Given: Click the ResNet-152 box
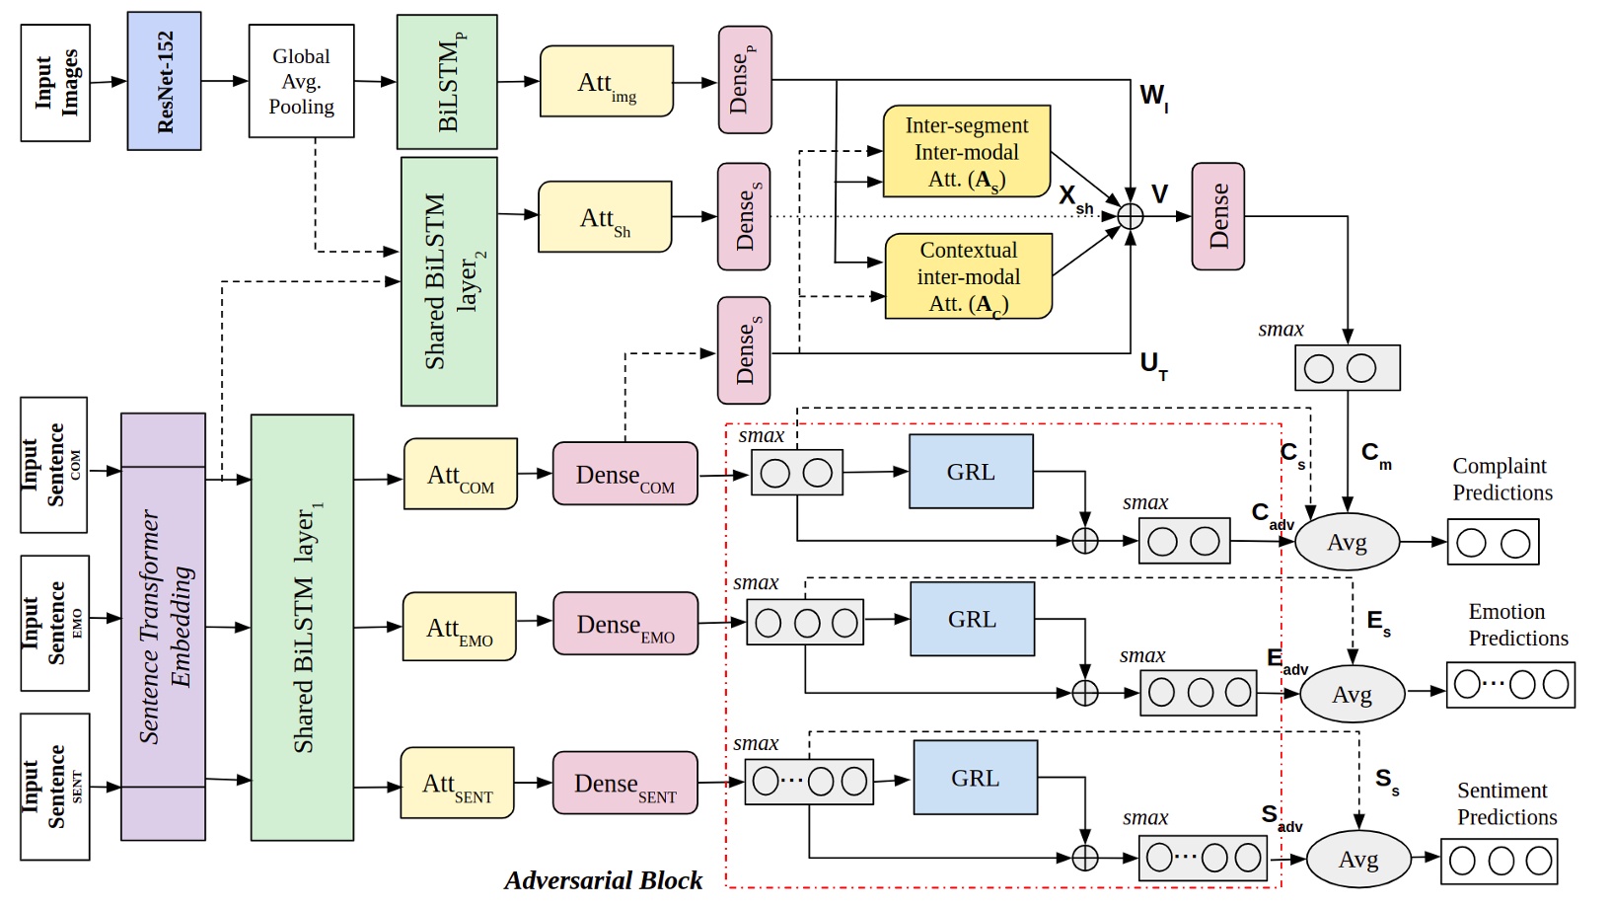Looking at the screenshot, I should point(164,81).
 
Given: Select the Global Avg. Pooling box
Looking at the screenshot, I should point(301,81).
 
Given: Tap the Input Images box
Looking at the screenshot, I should point(55,83).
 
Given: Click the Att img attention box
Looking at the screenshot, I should point(607,81).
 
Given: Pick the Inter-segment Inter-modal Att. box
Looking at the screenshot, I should point(966,152).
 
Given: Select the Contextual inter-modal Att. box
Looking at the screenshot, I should point(968,276).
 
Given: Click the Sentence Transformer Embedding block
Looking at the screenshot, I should point(163,627).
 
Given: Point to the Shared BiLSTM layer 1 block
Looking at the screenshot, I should point(302,627).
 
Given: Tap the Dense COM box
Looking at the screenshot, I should point(624,475).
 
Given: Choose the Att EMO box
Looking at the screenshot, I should point(459,627).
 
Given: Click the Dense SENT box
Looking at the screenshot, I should point(624,784).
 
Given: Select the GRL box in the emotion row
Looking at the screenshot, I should point(972,619).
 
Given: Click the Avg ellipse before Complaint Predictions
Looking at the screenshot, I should point(1347,542).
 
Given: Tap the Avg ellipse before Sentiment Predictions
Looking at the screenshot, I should point(1357,860).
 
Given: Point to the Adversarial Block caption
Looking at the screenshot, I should point(603,880).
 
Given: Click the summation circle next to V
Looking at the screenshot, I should point(1131,216).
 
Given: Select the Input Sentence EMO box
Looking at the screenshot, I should point(55,623).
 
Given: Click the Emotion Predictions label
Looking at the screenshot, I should point(1517,625).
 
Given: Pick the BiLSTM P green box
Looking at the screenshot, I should point(447,82).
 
